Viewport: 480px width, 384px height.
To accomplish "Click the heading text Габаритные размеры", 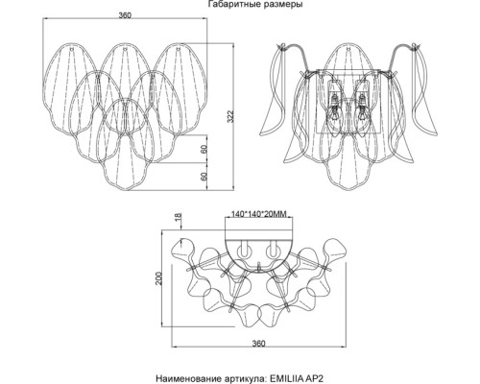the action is tap(255, 4).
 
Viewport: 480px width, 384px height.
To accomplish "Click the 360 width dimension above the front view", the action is tap(125, 15).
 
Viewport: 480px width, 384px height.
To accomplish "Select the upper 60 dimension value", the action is tap(204, 149).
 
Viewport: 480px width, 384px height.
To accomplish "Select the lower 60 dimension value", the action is tap(204, 177).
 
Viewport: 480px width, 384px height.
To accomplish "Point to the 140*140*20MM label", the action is tap(258, 214).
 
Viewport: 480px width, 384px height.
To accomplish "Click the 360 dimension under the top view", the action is tap(258, 344).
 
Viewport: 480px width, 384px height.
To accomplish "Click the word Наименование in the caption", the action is tap(185, 378).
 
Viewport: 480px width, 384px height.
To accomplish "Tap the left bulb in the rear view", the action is tap(334, 108).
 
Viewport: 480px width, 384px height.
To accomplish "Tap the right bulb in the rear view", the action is tap(362, 108).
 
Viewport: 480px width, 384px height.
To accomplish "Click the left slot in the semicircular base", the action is tap(244, 249).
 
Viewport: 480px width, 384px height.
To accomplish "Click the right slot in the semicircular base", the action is tap(273, 249).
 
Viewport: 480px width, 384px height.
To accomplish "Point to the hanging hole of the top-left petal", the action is tap(72, 49).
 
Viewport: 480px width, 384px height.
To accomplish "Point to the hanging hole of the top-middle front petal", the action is tap(125, 49).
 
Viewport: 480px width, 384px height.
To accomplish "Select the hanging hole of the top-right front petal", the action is tap(178, 49).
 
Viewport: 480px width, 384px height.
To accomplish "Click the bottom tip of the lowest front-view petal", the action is tap(125, 190).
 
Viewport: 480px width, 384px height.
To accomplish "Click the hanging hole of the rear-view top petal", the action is tap(348, 49).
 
